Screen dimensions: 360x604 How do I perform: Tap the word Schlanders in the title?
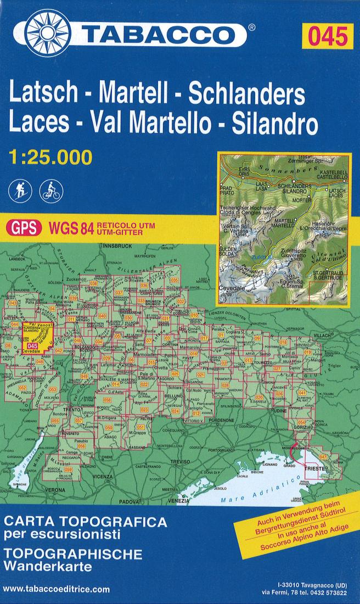(x=246, y=95)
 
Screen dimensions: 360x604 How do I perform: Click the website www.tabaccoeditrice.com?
(x=56, y=589)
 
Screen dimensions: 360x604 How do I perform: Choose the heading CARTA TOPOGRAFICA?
(x=85, y=521)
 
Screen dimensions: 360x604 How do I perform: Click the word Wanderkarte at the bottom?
(x=41, y=566)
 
